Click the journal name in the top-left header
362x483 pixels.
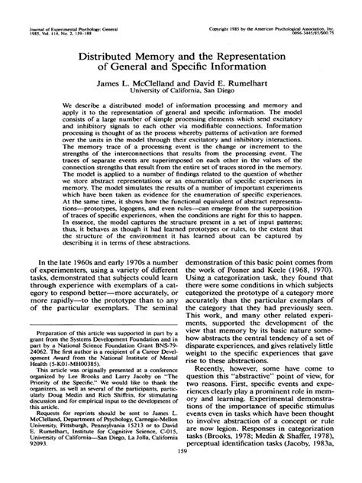coord(64,5)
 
